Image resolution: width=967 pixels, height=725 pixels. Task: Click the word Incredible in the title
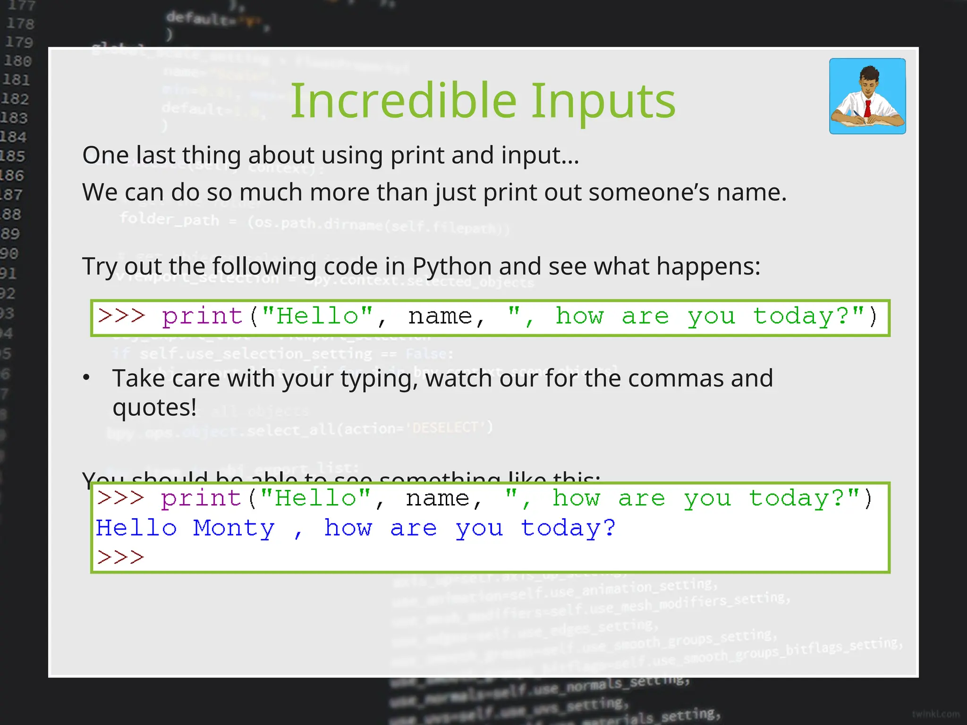[x=404, y=101]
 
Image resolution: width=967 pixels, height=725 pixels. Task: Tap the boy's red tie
[x=867, y=108]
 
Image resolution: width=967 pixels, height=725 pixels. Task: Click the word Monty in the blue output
[x=234, y=528]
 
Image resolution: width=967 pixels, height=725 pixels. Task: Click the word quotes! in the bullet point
[x=154, y=407]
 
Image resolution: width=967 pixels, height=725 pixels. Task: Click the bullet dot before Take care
[x=86, y=377]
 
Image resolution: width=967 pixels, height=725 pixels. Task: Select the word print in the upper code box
[x=202, y=316]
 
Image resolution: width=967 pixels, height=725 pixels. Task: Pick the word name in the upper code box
[x=440, y=316]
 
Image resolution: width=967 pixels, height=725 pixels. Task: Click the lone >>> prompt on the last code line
[x=120, y=557]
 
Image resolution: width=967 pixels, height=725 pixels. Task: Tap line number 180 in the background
[x=17, y=61]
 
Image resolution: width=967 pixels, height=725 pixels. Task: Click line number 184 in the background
[x=13, y=137]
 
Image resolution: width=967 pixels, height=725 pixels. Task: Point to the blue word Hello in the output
[x=136, y=528]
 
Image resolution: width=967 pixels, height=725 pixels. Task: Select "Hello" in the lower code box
[x=315, y=498]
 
